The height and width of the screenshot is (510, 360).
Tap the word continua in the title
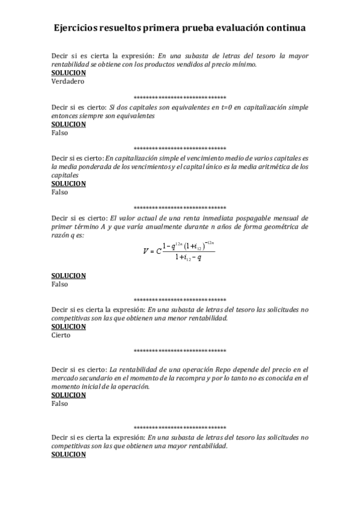point(284,28)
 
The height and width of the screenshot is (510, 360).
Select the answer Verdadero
point(68,81)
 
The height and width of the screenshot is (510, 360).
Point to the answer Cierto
point(61,335)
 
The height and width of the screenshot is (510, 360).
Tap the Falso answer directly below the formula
point(59,284)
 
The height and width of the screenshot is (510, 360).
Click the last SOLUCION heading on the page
point(69,455)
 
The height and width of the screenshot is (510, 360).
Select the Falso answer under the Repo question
point(59,404)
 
